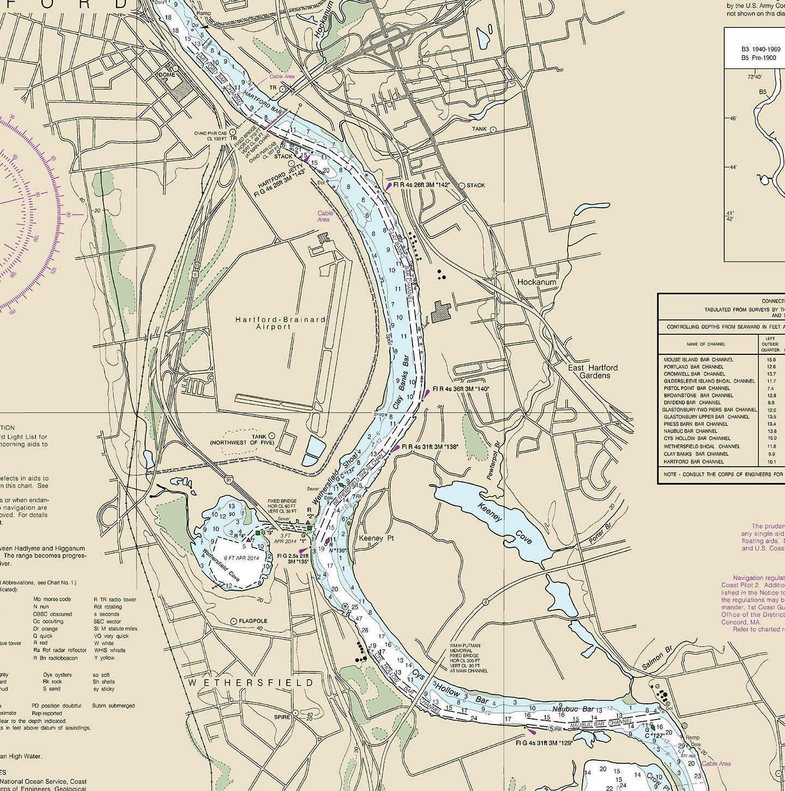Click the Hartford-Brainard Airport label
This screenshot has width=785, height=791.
pos(281,323)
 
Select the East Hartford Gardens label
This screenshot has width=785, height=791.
pos(593,372)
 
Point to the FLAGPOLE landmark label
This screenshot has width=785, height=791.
pos(253,621)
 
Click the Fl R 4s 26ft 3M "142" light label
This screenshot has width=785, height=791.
pos(421,185)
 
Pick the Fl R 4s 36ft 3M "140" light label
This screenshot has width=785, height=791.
pos(461,389)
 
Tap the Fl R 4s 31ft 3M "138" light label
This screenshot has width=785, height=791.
pos(430,447)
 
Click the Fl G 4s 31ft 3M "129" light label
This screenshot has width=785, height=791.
pos(544,743)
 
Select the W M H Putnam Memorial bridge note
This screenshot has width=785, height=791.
pos(468,658)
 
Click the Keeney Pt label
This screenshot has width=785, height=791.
pos(377,538)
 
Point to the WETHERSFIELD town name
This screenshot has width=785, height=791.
pos(251,683)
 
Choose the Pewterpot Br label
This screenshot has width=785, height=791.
pos(493,461)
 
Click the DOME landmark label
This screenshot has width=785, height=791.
pos(167,75)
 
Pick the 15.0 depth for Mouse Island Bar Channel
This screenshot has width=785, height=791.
pos(771,360)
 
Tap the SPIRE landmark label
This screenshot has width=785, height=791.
pos(282,717)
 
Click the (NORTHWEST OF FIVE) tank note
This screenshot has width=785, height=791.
pos(243,443)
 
